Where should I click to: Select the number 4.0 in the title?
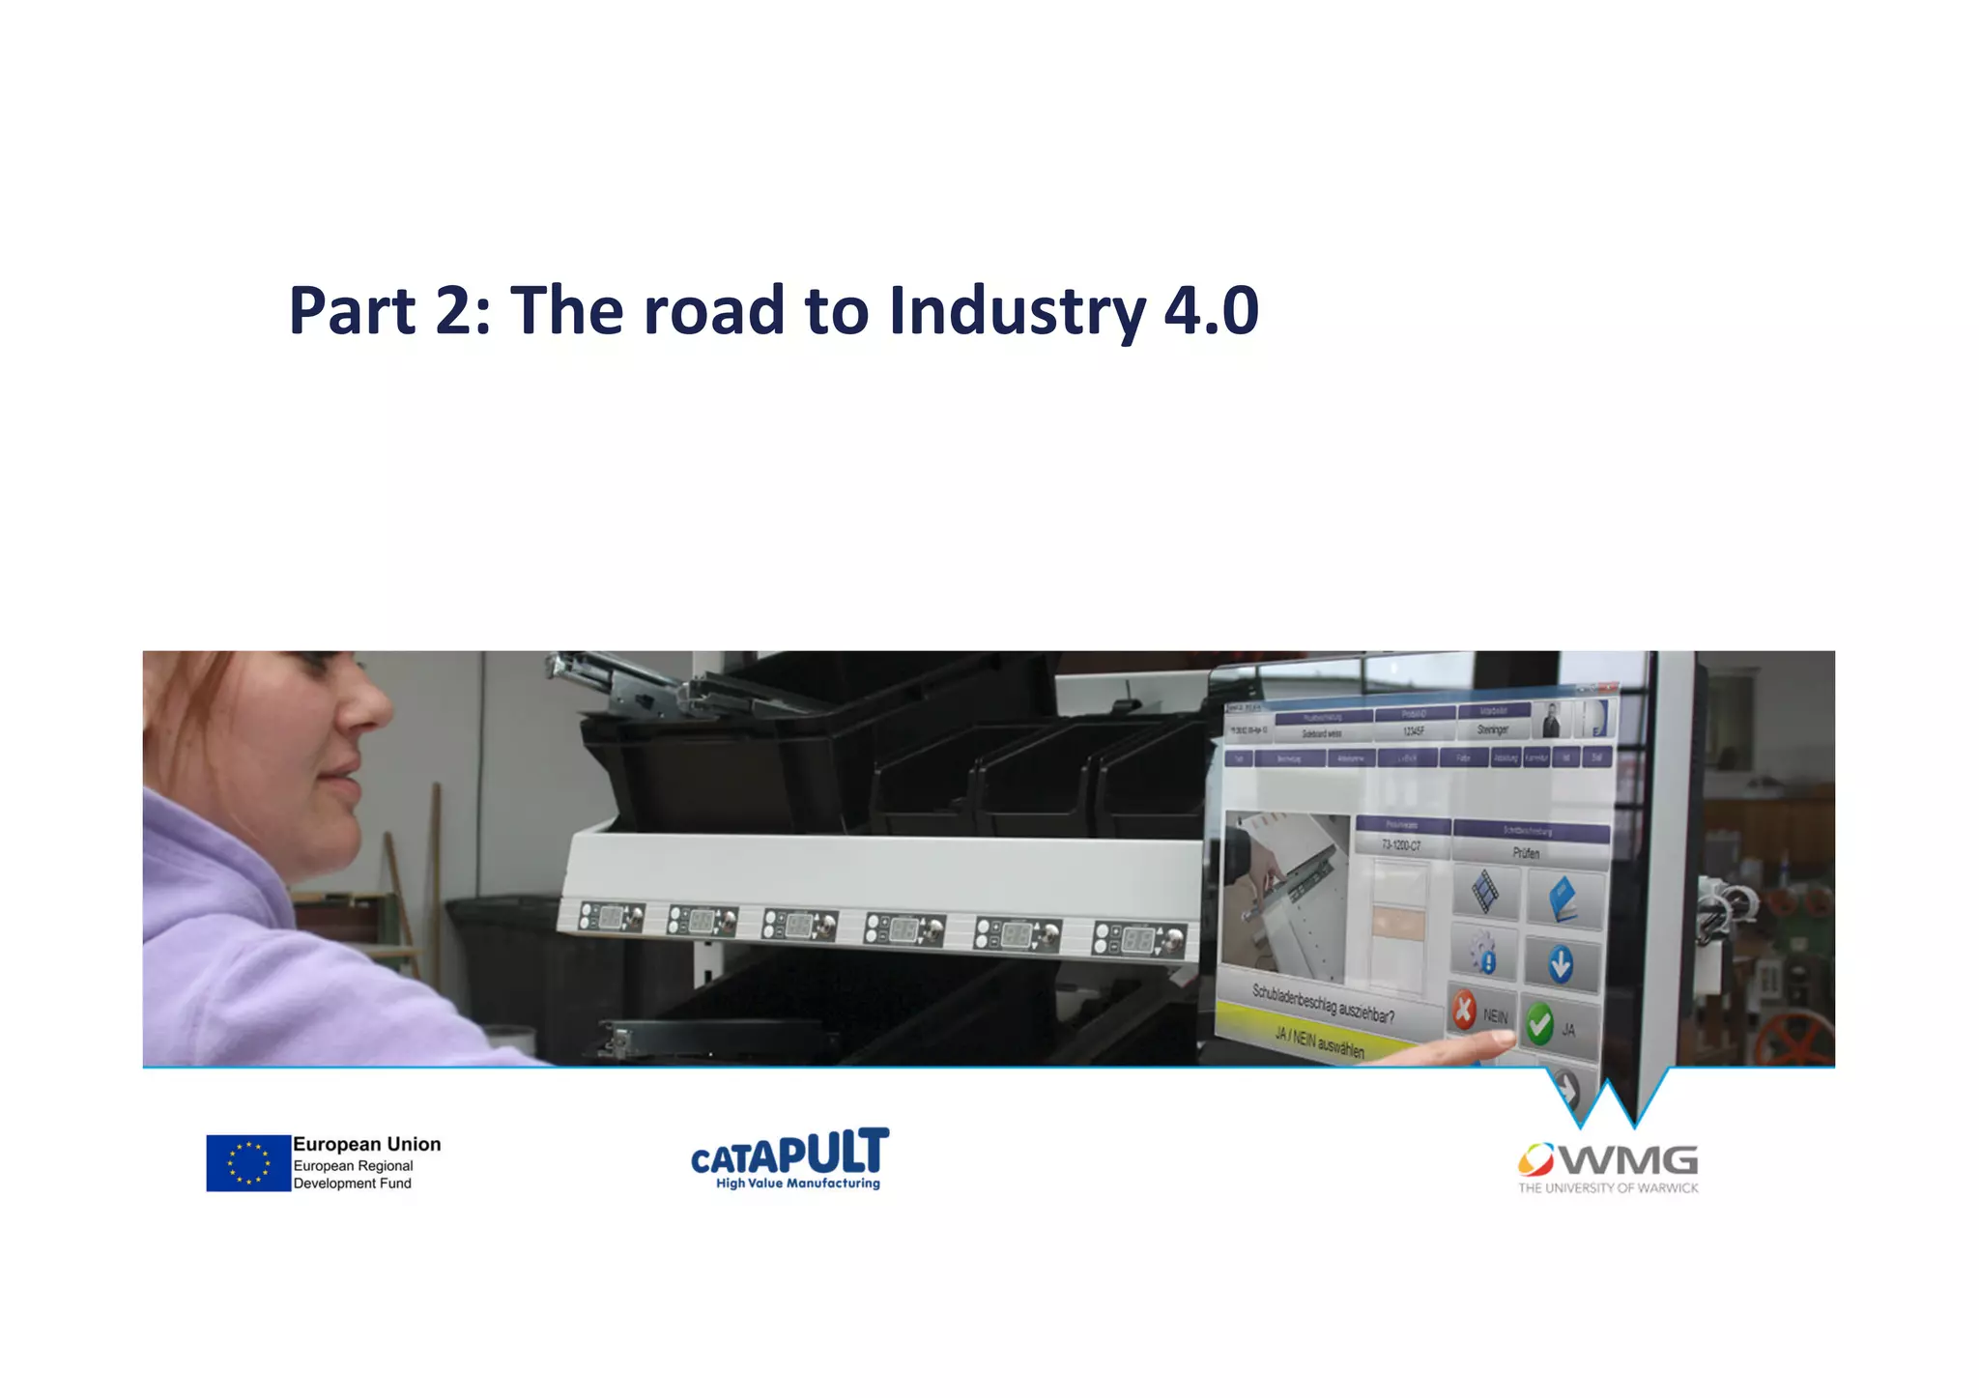[1211, 311]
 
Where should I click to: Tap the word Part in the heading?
[353, 311]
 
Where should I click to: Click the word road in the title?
[714, 311]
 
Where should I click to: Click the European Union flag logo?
[248, 1162]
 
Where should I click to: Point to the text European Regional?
[353, 1165]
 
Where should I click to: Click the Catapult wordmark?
[789, 1153]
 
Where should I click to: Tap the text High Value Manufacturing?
[797, 1184]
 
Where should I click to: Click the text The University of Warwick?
[1608, 1188]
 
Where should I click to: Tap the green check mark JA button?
[1540, 1024]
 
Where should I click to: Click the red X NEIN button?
[1465, 1011]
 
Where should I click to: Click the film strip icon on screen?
[1486, 891]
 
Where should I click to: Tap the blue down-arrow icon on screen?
[1560, 964]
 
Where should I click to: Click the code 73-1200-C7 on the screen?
[1401, 845]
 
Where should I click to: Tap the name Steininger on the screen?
[1492, 730]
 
